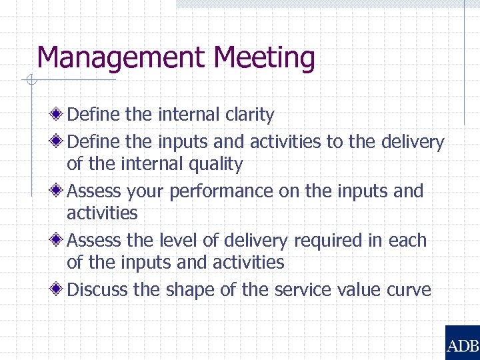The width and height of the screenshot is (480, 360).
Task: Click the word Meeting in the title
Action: pyautogui.click(x=265, y=59)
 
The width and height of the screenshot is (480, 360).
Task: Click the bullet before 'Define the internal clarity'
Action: pyautogui.click(x=59, y=115)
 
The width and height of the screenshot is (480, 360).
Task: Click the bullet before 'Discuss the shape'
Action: pyautogui.click(x=59, y=289)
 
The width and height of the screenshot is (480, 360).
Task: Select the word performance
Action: pyautogui.click(x=221, y=191)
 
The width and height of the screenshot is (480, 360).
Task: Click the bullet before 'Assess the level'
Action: pyautogui.click(x=59, y=240)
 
